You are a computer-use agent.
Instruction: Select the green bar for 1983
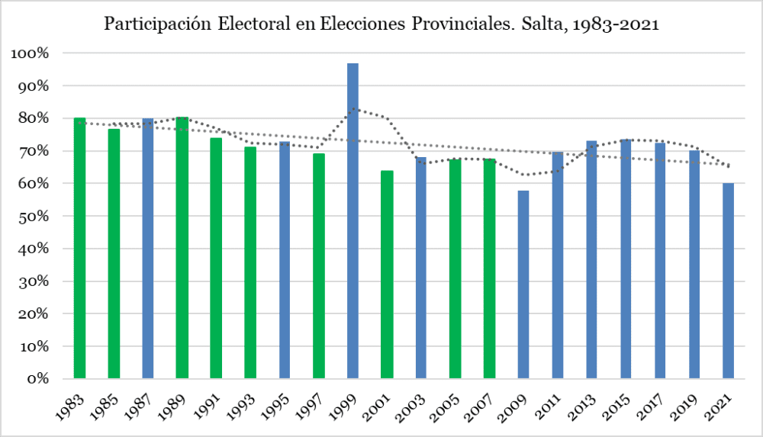[79, 248]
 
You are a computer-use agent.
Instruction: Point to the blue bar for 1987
[148, 249]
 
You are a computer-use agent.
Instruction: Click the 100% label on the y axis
[30, 53]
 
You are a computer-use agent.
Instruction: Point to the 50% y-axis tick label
[33, 217]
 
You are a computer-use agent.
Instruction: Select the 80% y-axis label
[33, 119]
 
